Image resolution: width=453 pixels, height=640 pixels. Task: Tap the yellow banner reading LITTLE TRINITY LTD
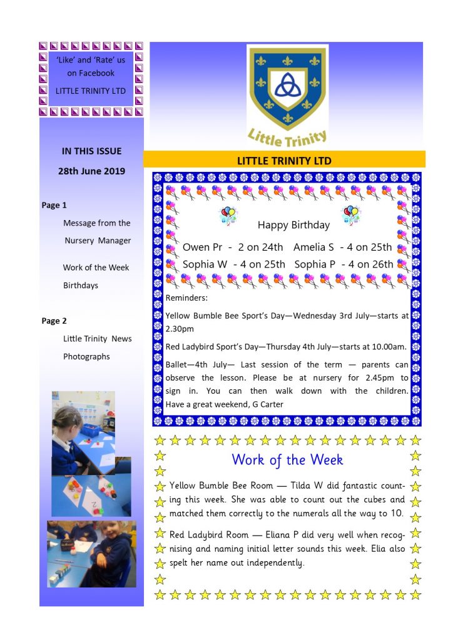284,161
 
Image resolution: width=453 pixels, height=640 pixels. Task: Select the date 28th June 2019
93,171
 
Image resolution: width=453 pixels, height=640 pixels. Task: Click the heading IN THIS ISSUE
92,151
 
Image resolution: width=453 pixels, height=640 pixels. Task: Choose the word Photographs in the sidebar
86,356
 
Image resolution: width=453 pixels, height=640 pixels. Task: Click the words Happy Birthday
293,225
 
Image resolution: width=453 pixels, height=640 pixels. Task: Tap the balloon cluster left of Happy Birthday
227,216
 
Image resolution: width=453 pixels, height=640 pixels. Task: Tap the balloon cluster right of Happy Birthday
351,216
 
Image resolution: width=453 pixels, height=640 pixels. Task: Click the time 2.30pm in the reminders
180,328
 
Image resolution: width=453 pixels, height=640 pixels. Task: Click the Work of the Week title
287,460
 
